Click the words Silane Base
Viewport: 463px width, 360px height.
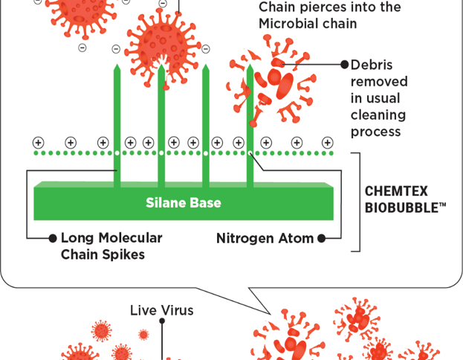click(183, 202)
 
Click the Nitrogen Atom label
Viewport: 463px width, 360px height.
click(265, 239)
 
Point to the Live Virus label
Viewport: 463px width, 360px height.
click(162, 310)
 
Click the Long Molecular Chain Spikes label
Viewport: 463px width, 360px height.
click(111, 246)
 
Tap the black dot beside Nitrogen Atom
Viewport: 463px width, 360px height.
click(321, 239)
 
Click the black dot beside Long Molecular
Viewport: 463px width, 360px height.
click(53, 239)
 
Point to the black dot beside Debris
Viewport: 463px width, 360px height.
click(344, 65)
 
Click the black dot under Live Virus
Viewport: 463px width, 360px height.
click(162, 322)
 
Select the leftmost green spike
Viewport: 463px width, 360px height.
click(116, 126)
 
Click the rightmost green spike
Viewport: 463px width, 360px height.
click(250, 126)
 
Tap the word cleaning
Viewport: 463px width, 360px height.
click(378, 115)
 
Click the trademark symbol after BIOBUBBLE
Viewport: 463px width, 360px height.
click(442, 204)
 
